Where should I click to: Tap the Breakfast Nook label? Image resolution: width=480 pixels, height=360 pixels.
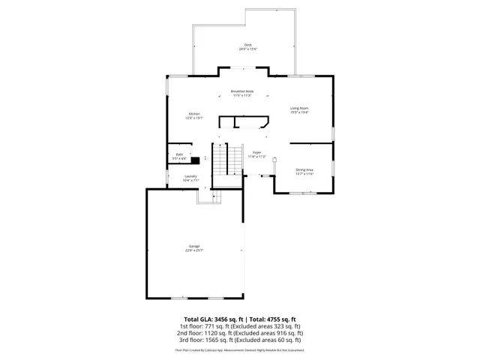tap(241, 91)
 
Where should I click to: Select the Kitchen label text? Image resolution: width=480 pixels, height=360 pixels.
tap(193, 113)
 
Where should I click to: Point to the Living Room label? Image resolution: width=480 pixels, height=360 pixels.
tap(300, 108)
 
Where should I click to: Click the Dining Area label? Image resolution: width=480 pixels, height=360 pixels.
tap(304, 169)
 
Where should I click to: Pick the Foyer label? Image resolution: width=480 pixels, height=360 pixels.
tap(256, 151)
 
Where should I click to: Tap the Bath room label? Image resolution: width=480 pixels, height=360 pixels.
tap(179, 155)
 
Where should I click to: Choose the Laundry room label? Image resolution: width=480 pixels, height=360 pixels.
tap(190, 176)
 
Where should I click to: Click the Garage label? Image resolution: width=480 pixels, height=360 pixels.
tap(194, 246)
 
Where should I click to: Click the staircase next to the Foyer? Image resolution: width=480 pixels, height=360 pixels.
tap(225, 159)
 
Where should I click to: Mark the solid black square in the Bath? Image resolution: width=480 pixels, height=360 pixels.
tap(194, 159)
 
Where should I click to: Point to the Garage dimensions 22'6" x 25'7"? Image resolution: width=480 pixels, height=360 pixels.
tap(194, 250)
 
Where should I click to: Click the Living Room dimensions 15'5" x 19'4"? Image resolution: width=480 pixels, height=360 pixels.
tap(300, 112)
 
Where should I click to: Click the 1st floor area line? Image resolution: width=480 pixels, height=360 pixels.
tap(240, 326)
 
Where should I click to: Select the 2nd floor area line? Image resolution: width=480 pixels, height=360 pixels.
tap(240, 333)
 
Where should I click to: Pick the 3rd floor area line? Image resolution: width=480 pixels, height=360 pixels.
tap(240, 340)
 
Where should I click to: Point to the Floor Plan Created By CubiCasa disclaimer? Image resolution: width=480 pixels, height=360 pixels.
tap(240, 349)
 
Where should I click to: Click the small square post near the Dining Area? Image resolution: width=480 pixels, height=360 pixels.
tap(274, 159)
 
